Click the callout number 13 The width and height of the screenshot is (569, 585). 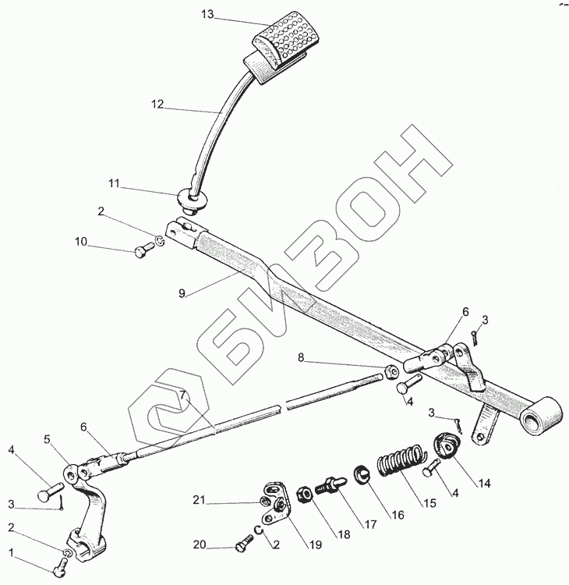click(207, 14)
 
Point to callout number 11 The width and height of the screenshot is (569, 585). click(115, 183)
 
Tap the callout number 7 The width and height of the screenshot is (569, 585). click(182, 395)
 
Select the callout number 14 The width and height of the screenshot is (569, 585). click(485, 482)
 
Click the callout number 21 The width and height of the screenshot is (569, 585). click(200, 500)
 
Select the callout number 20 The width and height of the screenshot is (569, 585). click(200, 544)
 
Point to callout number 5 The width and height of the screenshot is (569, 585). click(47, 438)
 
